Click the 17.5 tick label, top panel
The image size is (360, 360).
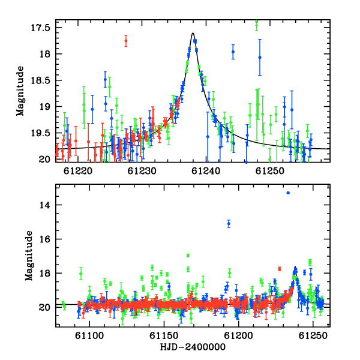point(40,28)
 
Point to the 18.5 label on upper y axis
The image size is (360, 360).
point(40,80)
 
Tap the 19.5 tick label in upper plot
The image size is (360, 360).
point(40,133)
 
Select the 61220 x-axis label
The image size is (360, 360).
point(78,171)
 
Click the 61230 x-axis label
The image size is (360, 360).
point(142,171)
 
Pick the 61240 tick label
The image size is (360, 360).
point(206,171)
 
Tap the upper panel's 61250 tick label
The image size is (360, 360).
point(270,171)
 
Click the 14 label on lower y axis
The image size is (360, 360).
point(44,205)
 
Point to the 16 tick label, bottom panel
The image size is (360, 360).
point(44,239)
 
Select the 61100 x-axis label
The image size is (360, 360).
point(89,335)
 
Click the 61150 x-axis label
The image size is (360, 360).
point(164,335)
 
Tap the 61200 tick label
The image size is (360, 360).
point(239,335)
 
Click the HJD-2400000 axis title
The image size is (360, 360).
point(193,347)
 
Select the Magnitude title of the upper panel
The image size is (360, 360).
point(20,91)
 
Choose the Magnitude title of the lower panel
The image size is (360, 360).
point(29,256)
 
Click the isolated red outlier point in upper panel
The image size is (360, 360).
point(126,41)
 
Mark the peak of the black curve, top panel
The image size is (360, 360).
point(193,33)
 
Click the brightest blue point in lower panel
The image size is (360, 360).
point(288,193)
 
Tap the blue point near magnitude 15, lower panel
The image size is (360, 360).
point(229,224)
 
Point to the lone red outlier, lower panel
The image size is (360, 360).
point(280,269)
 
